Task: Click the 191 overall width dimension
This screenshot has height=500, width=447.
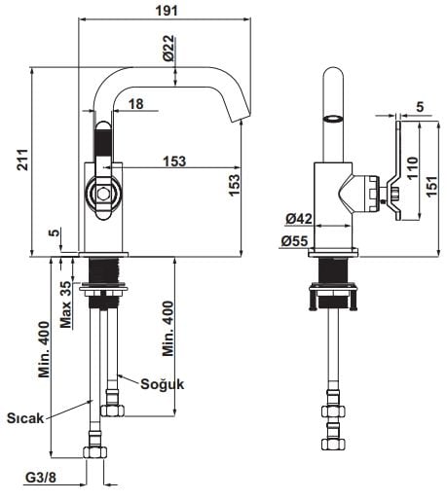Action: [x=167, y=11]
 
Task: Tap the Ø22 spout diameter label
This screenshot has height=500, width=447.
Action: [x=169, y=48]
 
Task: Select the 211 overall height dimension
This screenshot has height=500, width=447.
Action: [x=23, y=160]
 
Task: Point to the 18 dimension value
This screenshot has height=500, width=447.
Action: [x=136, y=104]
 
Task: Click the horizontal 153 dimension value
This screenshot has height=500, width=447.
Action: [x=174, y=161]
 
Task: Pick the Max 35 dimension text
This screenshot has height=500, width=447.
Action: [x=65, y=304]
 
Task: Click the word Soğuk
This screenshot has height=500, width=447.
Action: [x=163, y=384]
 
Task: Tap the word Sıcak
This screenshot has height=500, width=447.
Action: [x=25, y=418]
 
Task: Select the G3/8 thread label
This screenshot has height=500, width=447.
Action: [x=41, y=478]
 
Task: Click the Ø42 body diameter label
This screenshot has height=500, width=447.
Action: [x=299, y=219]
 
